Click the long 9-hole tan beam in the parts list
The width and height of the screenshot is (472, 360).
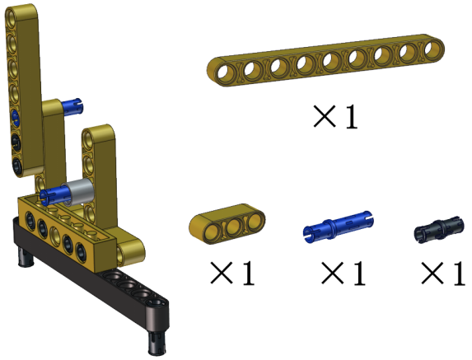point(325,60)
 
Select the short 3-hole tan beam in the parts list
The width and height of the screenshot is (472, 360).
point(227,223)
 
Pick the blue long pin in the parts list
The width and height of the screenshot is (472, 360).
point(339,227)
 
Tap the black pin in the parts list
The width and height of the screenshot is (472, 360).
point(439,229)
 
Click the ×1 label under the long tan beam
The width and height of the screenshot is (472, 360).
point(335,117)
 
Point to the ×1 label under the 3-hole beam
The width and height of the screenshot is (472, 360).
point(232,273)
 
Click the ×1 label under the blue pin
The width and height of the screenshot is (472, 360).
point(343,273)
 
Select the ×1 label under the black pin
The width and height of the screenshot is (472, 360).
point(443,273)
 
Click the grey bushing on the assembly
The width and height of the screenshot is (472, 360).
point(78,192)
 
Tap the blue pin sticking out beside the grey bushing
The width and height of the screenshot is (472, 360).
point(54,196)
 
